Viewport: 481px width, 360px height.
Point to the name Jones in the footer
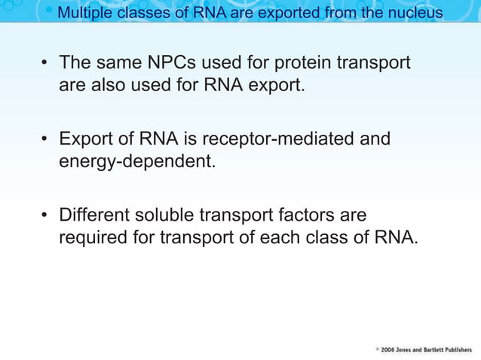tap(410, 350)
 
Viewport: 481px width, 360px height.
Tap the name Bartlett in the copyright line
tap(440, 350)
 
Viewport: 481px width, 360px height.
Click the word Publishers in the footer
tap(464, 350)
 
